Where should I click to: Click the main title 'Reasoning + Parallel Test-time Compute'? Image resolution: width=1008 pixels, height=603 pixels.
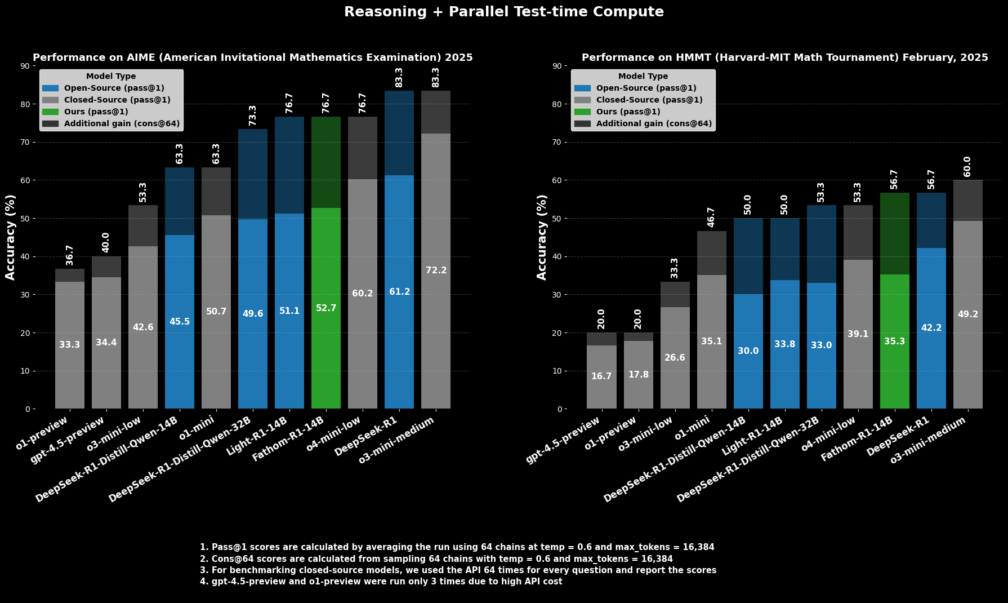click(x=503, y=12)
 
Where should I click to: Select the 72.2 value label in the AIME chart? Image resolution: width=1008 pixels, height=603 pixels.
click(x=436, y=271)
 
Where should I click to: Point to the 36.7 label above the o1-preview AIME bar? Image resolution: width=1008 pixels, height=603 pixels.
click(x=70, y=255)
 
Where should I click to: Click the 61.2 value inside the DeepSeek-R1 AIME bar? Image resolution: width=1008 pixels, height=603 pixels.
click(x=399, y=292)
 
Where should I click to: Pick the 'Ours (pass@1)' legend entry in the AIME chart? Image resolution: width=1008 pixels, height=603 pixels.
click(x=96, y=112)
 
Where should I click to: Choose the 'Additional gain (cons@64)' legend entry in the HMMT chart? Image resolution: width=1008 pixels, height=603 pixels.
click(x=654, y=123)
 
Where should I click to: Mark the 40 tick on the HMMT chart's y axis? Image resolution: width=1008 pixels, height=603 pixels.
click(x=556, y=256)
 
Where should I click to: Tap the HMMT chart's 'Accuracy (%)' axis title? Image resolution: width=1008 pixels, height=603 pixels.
click(x=542, y=237)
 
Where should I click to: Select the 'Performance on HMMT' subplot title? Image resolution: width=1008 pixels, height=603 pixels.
click(x=784, y=57)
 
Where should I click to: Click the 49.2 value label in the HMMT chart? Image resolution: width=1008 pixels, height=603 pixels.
click(x=967, y=314)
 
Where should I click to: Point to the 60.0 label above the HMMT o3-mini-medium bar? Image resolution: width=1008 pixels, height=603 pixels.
click(x=967, y=167)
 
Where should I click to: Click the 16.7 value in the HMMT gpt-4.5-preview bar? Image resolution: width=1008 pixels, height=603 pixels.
click(x=601, y=376)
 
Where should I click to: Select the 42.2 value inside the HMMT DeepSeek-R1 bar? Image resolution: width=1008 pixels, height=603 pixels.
click(x=931, y=328)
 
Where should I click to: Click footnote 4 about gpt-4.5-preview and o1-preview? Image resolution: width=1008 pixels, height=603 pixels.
click(x=381, y=582)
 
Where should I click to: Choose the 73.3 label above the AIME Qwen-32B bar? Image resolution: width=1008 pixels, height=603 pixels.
click(x=253, y=116)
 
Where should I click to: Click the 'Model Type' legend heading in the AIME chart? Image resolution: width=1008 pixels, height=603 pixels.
click(x=111, y=76)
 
